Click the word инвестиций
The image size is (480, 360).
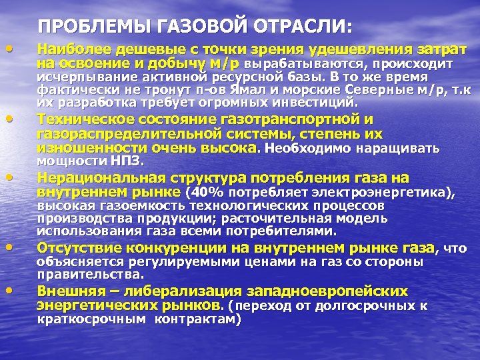[320, 103]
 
